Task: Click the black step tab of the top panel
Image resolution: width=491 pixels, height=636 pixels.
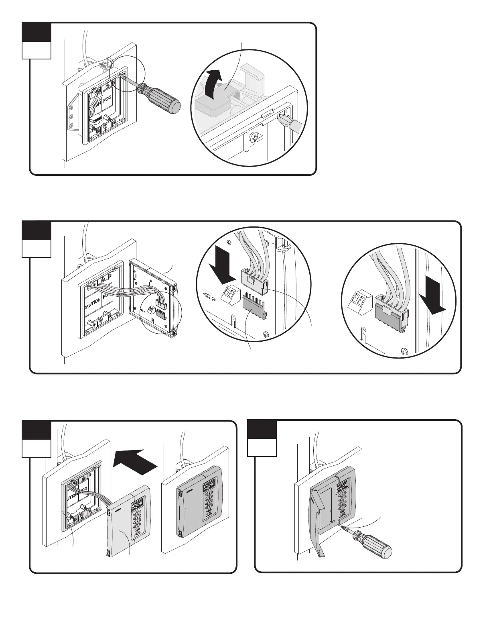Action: point(37,31)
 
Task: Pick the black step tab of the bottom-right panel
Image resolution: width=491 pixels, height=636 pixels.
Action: point(262,429)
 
